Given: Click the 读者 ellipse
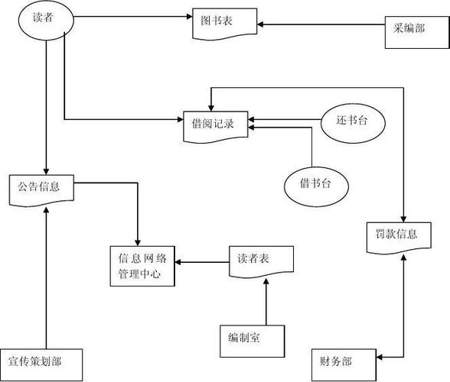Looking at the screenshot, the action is [46, 20].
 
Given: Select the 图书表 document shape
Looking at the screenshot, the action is [225, 24].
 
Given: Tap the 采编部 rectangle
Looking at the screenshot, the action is [417, 32].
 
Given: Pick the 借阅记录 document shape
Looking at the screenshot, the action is [216, 127].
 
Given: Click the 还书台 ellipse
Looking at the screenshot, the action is [353, 123].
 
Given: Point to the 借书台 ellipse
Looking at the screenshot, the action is [317, 187].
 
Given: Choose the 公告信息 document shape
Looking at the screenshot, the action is [41, 190].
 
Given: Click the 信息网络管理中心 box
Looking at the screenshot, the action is [142, 266].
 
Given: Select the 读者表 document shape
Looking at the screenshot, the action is [261, 261].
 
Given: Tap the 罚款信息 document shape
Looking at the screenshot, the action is [399, 238].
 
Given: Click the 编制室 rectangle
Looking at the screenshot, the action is [253, 341].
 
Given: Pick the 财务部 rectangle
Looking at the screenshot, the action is [344, 364].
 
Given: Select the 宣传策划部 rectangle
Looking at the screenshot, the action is [41, 364].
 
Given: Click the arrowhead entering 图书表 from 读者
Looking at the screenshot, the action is [190, 16].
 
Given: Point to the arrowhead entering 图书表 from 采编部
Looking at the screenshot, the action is [260, 24].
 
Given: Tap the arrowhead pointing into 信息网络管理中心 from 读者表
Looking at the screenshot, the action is [178, 262].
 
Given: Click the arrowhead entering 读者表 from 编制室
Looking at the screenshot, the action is [266, 281].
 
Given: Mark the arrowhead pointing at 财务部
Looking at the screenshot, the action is [380, 357].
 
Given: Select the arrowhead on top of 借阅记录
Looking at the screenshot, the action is [211, 108].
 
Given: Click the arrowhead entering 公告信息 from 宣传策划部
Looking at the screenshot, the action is [46, 210].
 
